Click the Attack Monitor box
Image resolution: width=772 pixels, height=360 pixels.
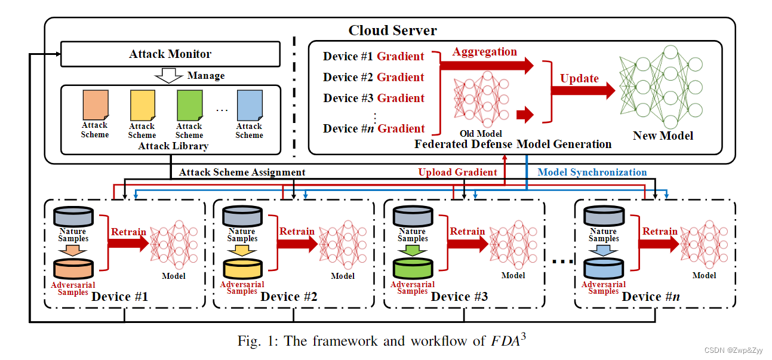(x=170, y=54)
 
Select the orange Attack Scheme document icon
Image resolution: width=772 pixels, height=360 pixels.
(x=95, y=105)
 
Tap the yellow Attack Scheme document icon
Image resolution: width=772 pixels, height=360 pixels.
(x=142, y=105)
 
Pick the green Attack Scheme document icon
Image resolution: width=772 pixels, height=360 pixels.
(x=189, y=105)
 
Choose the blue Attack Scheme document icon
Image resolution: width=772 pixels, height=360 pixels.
(x=249, y=105)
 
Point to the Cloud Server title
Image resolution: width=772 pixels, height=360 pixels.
(x=392, y=30)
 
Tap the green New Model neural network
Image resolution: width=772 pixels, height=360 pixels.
(x=663, y=87)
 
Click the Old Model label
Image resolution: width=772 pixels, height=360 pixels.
(x=481, y=134)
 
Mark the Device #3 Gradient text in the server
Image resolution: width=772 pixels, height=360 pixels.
(x=374, y=98)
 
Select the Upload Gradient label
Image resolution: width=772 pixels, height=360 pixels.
(x=457, y=173)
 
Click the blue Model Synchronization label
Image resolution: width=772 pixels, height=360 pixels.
(x=592, y=173)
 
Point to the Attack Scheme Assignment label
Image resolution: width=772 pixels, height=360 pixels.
(x=242, y=173)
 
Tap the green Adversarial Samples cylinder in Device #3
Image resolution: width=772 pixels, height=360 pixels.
(x=413, y=269)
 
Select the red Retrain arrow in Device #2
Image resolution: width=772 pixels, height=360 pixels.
(x=297, y=242)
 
